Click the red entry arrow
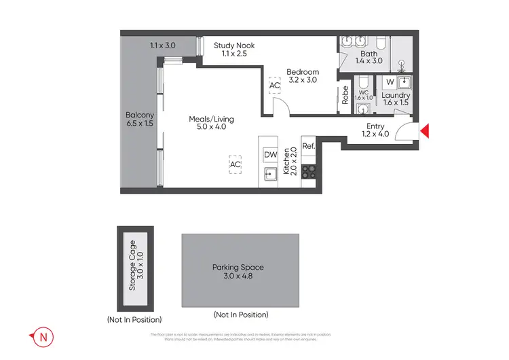pos(425,131)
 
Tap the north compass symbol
pos(41,336)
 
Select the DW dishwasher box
pos(269,155)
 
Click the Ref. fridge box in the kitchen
pos(308,146)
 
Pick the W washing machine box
pos(389,83)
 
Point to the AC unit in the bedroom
pos(274,86)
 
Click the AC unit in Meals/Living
pos(235,164)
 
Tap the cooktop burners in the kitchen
pos(309,171)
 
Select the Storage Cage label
pos(136,265)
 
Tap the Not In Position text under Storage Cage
pos(134,319)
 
